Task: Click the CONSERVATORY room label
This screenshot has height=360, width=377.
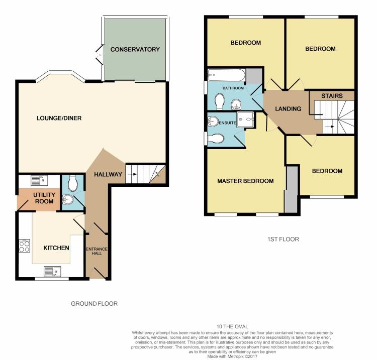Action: pyautogui.click(x=135, y=50)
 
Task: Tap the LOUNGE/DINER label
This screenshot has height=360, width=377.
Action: pyautogui.click(x=59, y=118)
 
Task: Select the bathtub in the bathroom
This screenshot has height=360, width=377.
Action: pyautogui.click(x=227, y=75)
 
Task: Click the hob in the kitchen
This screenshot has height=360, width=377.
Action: pyautogui.click(x=25, y=246)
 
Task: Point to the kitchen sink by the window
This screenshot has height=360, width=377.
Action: pyautogui.click(x=52, y=272)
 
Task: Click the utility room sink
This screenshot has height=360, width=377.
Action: pyautogui.click(x=39, y=180)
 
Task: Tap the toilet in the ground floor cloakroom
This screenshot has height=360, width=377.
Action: pyautogui.click(x=72, y=183)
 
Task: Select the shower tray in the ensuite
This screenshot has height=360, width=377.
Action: pyautogui.click(x=245, y=119)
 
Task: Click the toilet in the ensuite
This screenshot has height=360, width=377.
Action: pyautogui.click(x=216, y=139)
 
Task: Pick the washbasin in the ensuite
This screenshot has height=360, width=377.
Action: pyautogui.click(x=213, y=121)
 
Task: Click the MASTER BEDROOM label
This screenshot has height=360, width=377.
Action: pyautogui.click(x=245, y=181)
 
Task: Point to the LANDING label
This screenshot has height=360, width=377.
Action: pyautogui.click(x=288, y=109)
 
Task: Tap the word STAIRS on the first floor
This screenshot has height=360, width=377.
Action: pyautogui.click(x=332, y=96)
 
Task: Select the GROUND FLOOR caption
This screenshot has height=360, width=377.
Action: pyautogui.click(x=95, y=304)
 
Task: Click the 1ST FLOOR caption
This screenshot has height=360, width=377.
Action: pyautogui.click(x=283, y=239)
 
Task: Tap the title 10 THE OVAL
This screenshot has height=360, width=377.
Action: pyautogui.click(x=232, y=326)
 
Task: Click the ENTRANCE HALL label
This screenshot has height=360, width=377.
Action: pyautogui.click(x=97, y=251)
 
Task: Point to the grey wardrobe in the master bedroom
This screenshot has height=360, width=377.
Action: pyautogui.click(x=292, y=189)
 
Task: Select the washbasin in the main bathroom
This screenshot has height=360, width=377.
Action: pyautogui.click(x=236, y=104)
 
